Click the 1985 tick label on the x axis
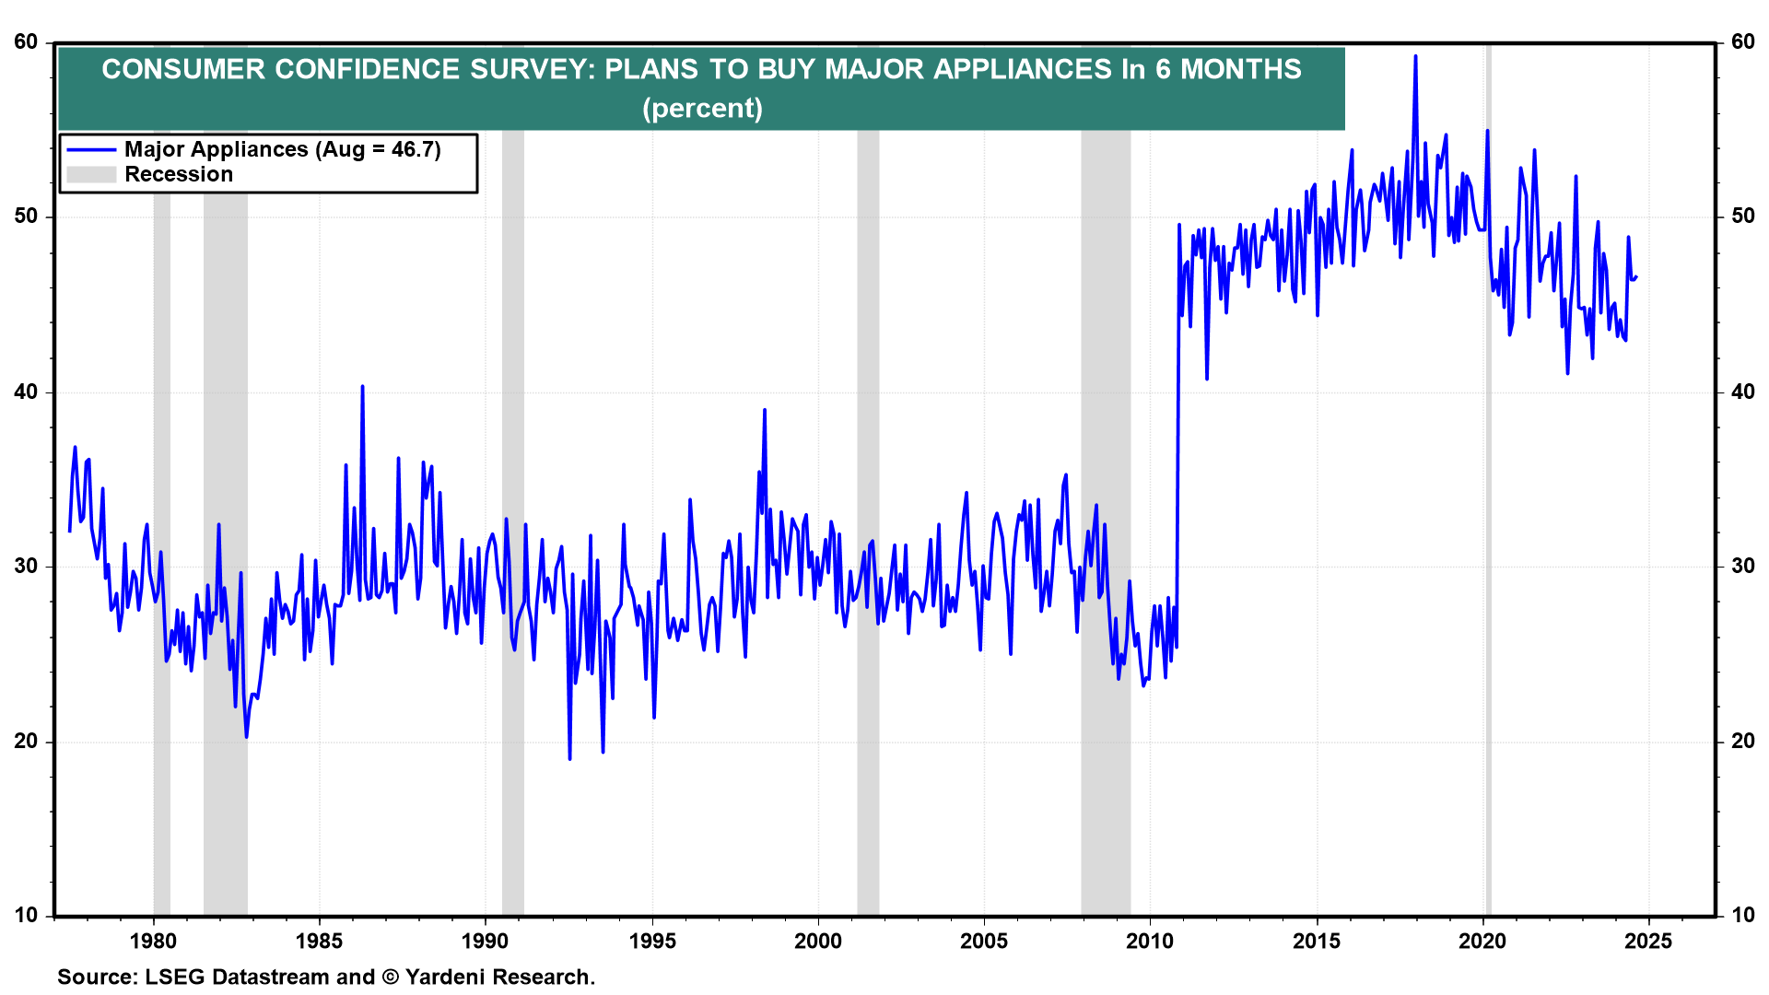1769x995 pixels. pyautogui.click(x=319, y=941)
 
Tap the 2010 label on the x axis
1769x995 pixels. pyautogui.click(x=1150, y=941)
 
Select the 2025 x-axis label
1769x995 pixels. pyautogui.click(x=1648, y=941)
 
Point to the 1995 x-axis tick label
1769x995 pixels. pyautogui.click(x=652, y=941)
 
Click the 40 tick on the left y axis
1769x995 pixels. pyautogui.click(x=27, y=392)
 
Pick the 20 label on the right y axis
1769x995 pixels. pyautogui.click(x=1742, y=742)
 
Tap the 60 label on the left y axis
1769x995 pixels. pyautogui.click(x=27, y=42)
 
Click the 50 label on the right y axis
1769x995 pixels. pyautogui.click(x=1742, y=217)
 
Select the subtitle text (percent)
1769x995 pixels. pyautogui.click(x=702, y=109)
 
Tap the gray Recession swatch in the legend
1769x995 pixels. pyautogui.click(x=91, y=175)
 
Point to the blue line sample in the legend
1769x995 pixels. pyautogui.click(x=91, y=149)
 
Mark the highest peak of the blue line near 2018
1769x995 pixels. pyautogui.click(x=1415, y=56)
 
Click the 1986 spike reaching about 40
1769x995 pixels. pyautogui.click(x=362, y=387)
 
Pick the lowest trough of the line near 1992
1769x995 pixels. pyautogui.click(x=569, y=758)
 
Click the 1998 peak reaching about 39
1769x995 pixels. pyautogui.click(x=765, y=410)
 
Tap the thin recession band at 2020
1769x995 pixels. pyautogui.click(x=1488, y=553)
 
